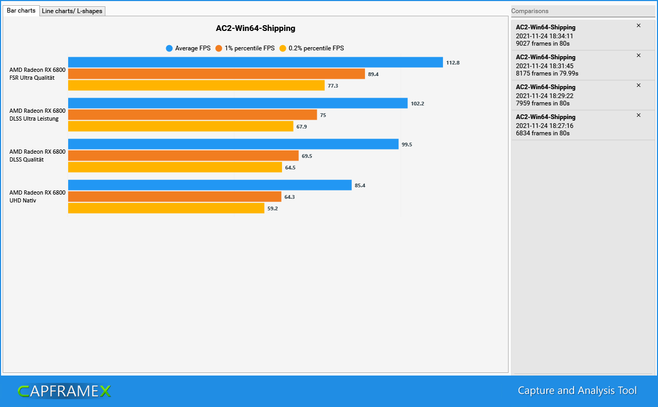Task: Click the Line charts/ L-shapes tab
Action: click(x=72, y=11)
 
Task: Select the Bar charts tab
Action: click(x=21, y=10)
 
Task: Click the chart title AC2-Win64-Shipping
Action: click(x=255, y=28)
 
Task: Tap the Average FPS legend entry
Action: click(x=188, y=48)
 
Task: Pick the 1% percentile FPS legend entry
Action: click(x=245, y=48)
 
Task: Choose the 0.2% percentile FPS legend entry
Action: click(x=311, y=48)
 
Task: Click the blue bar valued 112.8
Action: click(x=255, y=62)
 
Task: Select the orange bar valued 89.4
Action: click(x=217, y=74)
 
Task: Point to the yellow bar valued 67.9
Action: click(x=180, y=126)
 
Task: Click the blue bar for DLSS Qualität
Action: click(x=233, y=144)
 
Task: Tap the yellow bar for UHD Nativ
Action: click(x=166, y=208)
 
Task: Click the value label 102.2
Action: click(x=417, y=103)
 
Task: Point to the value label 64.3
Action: click(x=291, y=197)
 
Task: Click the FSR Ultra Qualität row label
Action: click(x=37, y=74)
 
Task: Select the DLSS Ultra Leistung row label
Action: click(x=37, y=115)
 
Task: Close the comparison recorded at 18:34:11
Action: click(x=638, y=26)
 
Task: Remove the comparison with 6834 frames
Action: click(x=638, y=115)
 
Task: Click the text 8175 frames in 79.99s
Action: click(x=547, y=73)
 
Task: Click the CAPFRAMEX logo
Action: click(x=64, y=391)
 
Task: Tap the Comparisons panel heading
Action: click(x=530, y=11)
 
